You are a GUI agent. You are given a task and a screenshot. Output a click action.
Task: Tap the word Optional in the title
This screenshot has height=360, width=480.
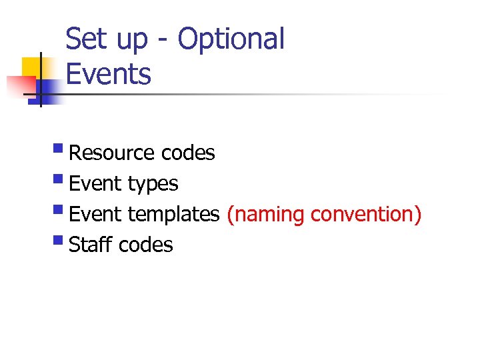click(231, 40)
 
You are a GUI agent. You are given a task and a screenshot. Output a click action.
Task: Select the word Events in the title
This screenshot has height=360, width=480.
click(109, 74)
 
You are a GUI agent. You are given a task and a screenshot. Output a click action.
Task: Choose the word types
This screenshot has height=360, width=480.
click(153, 184)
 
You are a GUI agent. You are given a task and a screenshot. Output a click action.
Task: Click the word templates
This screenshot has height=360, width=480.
click(173, 215)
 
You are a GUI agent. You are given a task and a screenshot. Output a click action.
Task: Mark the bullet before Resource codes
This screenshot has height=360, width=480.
click(61, 150)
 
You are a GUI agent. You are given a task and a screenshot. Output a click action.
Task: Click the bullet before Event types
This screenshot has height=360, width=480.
click(61, 181)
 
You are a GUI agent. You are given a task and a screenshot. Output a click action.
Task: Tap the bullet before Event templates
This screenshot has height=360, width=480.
click(61, 211)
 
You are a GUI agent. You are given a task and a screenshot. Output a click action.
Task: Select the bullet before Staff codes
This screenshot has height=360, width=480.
click(61, 242)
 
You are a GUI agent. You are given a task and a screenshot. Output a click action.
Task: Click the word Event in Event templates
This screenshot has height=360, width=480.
click(95, 215)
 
